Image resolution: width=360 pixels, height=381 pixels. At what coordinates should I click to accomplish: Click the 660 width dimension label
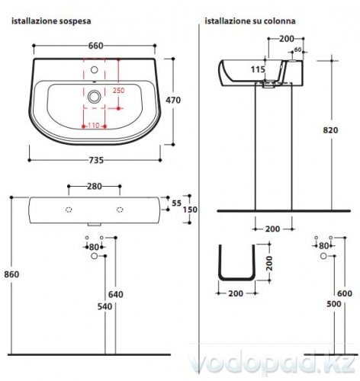[96, 46]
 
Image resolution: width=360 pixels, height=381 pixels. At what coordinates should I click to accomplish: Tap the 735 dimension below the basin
[96, 160]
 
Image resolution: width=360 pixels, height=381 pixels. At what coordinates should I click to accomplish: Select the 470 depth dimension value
[173, 100]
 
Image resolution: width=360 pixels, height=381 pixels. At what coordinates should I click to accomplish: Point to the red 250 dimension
[118, 90]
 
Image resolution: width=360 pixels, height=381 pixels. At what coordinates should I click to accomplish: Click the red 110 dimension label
[94, 126]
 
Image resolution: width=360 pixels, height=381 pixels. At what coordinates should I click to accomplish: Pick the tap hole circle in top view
[95, 69]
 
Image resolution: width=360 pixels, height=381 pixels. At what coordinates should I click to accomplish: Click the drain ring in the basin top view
[95, 97]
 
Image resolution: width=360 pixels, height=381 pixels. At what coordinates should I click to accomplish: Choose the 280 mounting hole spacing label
[95, 187]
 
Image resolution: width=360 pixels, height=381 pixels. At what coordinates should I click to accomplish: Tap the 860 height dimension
[11, 274]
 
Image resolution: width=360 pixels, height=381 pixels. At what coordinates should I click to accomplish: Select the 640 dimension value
[116, 294]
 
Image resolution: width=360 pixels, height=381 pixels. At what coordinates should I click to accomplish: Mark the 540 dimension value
[104, 306]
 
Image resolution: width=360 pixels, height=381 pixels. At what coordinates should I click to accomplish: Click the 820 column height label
[330, 130]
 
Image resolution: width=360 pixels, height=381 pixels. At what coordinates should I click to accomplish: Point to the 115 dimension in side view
[258, 69]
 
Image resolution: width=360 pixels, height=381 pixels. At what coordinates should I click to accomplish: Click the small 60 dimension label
[297, 50]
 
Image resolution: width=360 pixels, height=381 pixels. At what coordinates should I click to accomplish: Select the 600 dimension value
[345, 293]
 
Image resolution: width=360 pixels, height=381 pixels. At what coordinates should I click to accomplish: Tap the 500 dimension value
[334, 304]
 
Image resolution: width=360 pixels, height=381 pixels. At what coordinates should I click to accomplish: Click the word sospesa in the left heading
[75, 21]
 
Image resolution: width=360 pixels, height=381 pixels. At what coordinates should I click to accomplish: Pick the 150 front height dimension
[190, 210]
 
